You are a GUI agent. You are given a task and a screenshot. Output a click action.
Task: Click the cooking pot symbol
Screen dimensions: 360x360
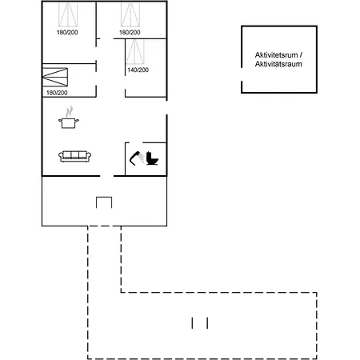pos(69,123)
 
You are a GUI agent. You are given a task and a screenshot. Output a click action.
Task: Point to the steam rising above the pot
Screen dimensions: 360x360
pos(70,111)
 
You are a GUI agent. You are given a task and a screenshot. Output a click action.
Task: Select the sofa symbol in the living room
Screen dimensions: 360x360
pos(74,156)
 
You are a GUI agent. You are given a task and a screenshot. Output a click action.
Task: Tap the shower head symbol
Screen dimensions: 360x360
pos(137,158)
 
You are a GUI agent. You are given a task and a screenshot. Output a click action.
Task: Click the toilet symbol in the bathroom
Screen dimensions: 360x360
pos(152,158)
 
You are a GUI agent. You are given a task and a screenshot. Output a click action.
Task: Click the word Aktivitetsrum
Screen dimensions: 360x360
pos(276,55)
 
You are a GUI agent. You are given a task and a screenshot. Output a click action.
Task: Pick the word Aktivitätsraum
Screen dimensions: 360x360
pos(278,64)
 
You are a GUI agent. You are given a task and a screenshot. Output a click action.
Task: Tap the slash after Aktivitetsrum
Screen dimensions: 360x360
pos(301,55)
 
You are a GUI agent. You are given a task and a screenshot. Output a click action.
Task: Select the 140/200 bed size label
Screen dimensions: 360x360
pos(138,70)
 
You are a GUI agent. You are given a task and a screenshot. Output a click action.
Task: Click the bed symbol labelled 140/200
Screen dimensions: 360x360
pos(135,52)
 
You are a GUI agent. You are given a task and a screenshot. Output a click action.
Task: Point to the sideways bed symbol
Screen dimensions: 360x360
pos(55,78)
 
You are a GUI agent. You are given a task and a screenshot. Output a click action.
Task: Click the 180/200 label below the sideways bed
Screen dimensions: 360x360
pos(57,93)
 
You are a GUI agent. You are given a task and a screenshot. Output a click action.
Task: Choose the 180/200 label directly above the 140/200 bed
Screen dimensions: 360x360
pos(130,32)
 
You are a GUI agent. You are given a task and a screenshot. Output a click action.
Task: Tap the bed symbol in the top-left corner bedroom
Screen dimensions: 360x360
pos(68,14)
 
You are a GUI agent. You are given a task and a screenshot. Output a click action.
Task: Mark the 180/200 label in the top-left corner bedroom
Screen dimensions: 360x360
pos(67,32)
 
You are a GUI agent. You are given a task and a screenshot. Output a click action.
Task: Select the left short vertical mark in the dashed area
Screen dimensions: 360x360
pos(192,323)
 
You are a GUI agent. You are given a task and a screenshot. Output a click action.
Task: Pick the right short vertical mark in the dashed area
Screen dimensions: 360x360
pos(207,323)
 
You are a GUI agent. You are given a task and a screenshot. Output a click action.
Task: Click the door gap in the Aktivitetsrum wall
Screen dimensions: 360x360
pos(242,74)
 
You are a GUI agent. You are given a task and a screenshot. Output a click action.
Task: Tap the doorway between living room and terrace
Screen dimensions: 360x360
pos(106,176)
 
